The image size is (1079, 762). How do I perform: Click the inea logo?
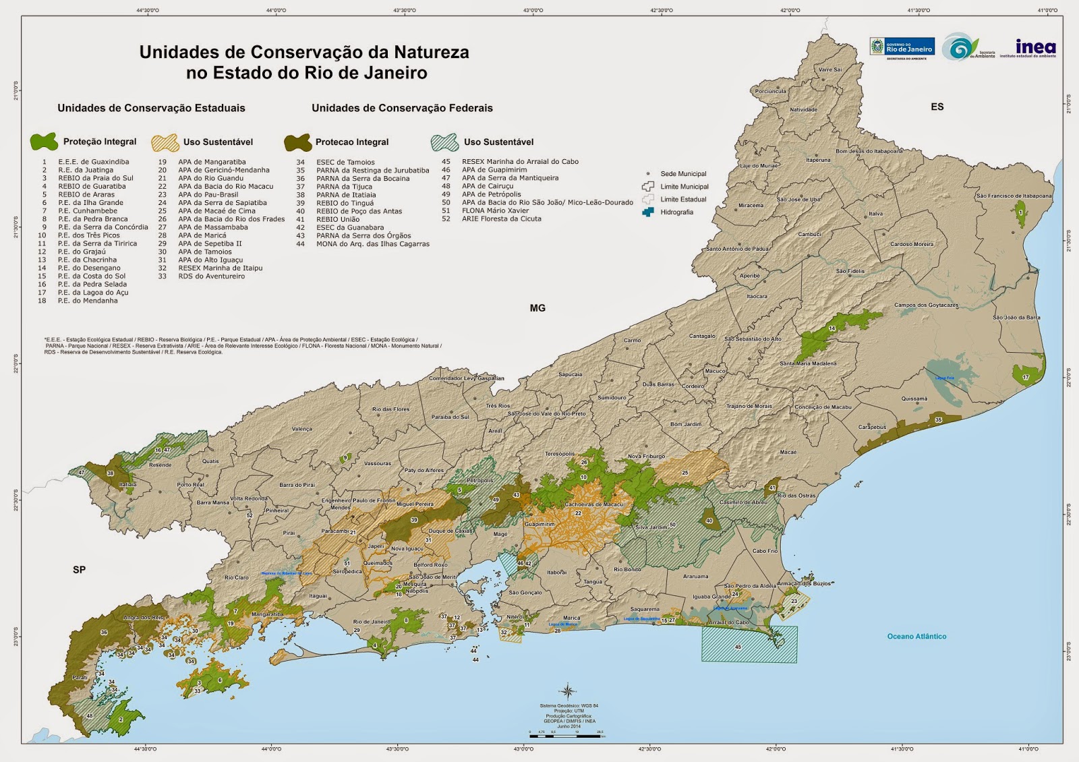1035,47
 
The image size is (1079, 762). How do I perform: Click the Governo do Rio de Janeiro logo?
902,47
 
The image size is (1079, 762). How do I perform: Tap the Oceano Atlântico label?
916,637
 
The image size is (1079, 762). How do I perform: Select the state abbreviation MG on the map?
537,308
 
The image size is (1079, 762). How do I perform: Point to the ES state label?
937,107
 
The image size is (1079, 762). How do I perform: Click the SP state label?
79,570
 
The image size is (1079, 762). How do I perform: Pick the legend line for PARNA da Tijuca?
344,187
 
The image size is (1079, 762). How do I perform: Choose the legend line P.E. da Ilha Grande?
90,202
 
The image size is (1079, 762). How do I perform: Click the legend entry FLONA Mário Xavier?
495,210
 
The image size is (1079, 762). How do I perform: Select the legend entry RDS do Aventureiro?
211,276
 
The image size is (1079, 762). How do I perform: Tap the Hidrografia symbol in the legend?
648,212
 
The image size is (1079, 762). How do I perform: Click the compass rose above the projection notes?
568,691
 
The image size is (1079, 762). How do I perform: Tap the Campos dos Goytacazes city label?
926,305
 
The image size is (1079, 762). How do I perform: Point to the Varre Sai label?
829,70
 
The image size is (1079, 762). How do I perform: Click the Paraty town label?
80,678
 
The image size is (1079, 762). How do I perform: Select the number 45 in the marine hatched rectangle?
738,647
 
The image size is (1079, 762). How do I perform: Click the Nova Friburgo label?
646,457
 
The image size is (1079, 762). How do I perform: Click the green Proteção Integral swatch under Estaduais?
44,142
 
